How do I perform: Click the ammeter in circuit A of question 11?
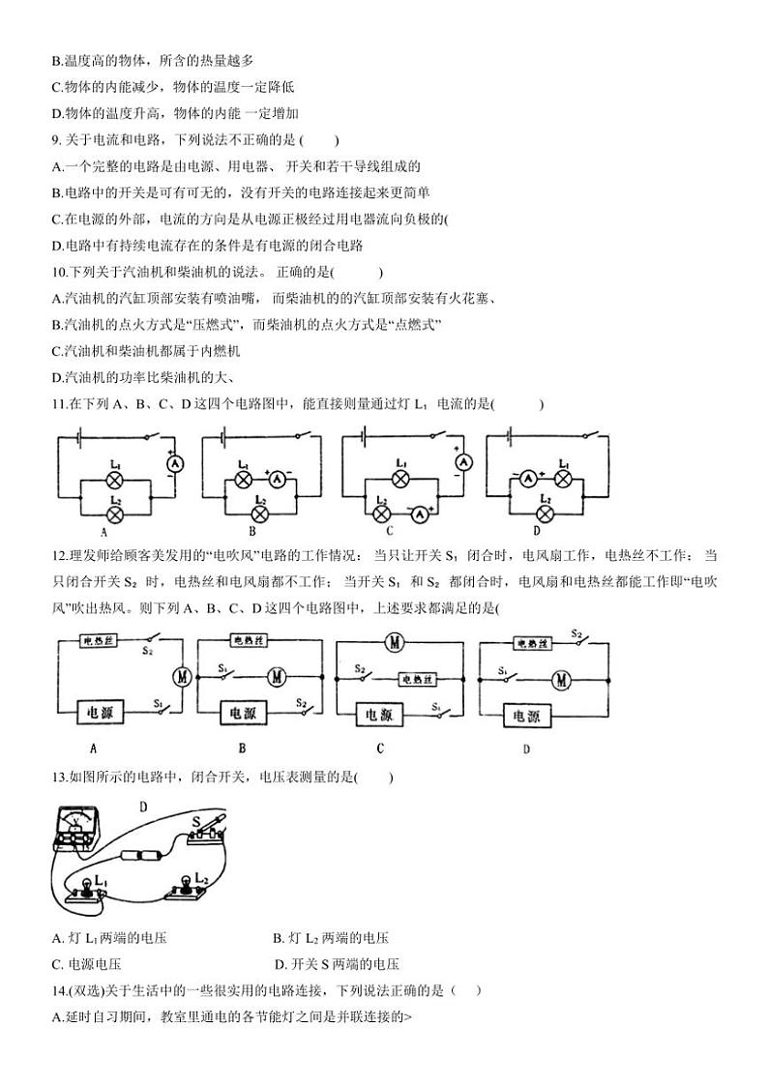(175, 464)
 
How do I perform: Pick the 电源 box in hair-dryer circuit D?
(527, 717)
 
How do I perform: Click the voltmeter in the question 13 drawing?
(76, 829)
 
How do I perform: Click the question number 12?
(63, 555)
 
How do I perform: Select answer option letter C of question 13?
(58, 964)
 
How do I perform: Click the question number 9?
(57, 140)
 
